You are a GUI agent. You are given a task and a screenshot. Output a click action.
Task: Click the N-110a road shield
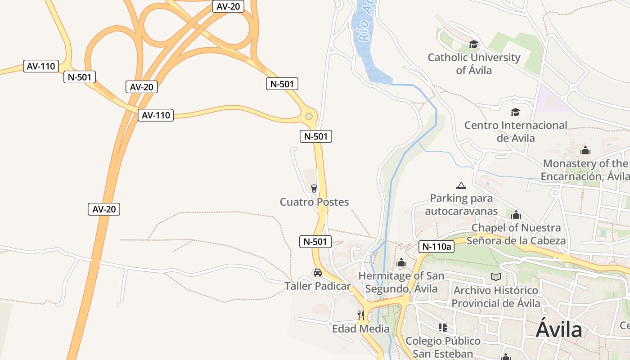436,246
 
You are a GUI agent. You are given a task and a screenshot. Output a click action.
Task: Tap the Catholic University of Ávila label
474,64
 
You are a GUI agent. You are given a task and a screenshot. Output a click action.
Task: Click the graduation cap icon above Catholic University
473,44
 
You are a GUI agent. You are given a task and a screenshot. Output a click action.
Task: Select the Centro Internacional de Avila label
516,131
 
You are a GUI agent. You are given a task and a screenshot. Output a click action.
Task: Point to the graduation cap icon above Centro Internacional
515,112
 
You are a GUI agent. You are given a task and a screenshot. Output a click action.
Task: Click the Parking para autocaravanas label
461,205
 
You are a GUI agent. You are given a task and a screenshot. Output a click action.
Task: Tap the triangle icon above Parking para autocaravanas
461,185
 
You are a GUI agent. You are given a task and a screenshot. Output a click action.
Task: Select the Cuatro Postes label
314,202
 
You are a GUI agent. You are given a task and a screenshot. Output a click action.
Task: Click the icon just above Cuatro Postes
314,188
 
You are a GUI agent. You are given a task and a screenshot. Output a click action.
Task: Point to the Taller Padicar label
317,286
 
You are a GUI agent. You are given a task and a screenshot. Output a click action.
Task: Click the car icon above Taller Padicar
318,273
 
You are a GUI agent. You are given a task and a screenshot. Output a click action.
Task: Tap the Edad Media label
360,328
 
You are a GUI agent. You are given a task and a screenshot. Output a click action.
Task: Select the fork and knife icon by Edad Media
360,315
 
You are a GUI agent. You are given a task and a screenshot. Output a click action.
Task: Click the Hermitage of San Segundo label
401,282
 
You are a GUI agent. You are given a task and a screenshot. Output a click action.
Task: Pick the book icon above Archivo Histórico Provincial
496,277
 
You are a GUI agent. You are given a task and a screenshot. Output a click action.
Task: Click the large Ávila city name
559,330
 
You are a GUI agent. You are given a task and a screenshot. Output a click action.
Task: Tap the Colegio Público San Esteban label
443,347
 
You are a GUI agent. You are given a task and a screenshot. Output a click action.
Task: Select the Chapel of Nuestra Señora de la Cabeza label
516,234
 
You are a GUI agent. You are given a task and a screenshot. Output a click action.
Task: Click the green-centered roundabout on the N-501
309,117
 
